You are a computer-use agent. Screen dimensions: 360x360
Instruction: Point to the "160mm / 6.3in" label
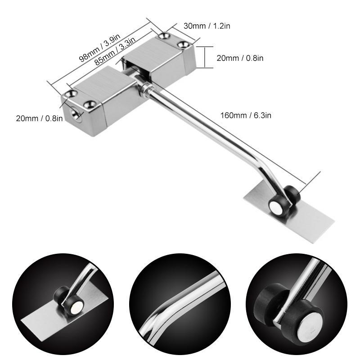[246, 115]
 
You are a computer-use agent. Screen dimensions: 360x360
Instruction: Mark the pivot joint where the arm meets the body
[145, 88]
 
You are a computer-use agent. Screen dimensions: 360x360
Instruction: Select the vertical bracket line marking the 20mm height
[205, 57]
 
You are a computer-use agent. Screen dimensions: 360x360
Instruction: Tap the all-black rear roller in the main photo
[292, 194]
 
